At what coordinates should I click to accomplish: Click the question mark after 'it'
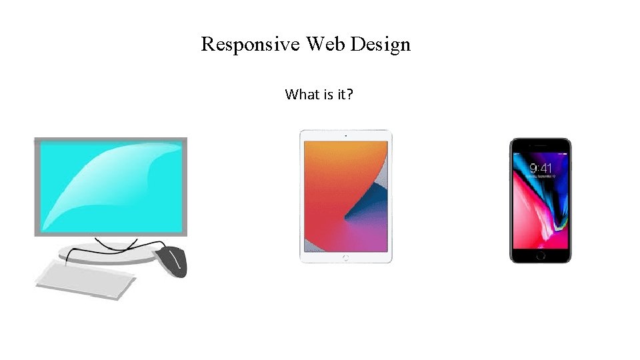[349, 95]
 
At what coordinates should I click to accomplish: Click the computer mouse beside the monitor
[173, 260]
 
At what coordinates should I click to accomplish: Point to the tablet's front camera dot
[345, 135]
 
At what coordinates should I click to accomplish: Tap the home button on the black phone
[541, 255]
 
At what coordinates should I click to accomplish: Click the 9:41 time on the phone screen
[540, 168]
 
